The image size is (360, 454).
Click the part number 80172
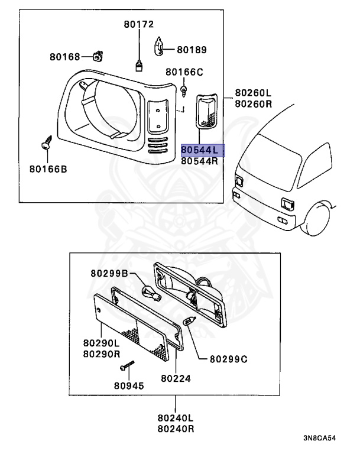(x=139, y=24)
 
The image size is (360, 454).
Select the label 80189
(x=192, y=50)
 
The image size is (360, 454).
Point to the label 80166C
(x=184, y=72)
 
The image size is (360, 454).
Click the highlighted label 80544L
(x=203, y=150)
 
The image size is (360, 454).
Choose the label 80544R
(x=200, y=161)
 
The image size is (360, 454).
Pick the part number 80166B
(x=48, y=169)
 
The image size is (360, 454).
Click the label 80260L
(x=253, y=93)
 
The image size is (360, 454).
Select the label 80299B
(x=109, y=273)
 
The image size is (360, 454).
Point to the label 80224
(x=174, y=377)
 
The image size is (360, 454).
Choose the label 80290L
(x=102, y=342)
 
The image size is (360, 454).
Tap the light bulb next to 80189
(x=160, y=46)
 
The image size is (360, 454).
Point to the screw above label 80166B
(x=46, y=143)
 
